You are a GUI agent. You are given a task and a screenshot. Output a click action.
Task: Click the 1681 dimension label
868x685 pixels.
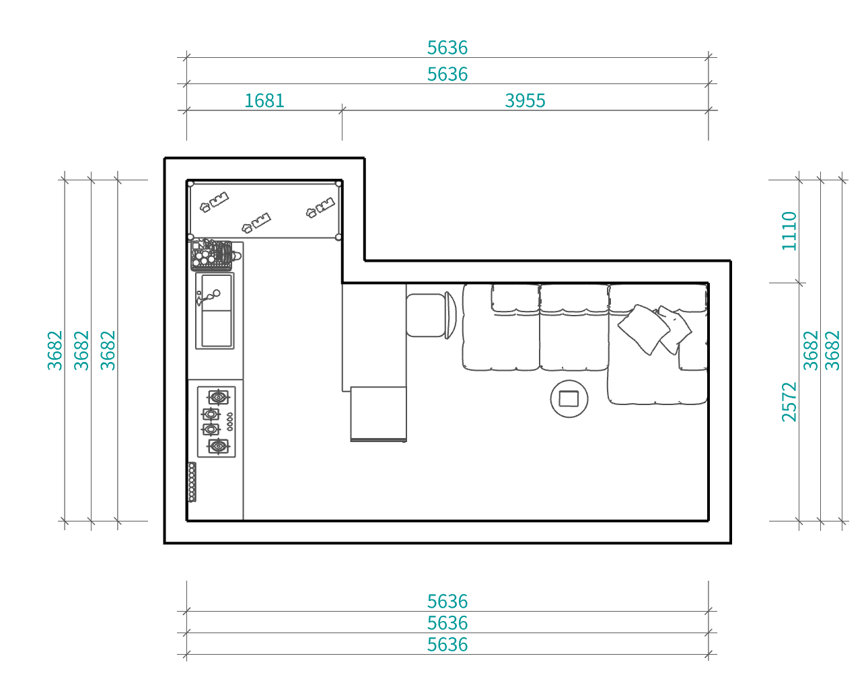click(x=264, y=100)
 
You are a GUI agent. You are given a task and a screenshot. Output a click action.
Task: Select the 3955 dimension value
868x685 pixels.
click(x=525, y=100)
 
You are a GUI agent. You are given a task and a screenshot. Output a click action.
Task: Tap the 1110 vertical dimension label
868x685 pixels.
click(x=789, y=231)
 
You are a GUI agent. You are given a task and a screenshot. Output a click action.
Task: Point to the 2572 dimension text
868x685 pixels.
click(x=789, y=402)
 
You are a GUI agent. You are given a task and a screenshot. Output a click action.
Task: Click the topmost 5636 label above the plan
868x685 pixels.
click(x=447, y=48)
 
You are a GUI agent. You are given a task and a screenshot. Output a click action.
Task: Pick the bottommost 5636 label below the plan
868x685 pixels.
click(x=447, y=645)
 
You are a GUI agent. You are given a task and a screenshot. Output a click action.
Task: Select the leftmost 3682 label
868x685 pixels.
click(x=55, y=351)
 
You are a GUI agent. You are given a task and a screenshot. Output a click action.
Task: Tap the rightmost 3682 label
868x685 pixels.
click(x=832, y=351)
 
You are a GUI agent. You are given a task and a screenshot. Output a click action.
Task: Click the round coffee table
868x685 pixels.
click(x=569, y=399)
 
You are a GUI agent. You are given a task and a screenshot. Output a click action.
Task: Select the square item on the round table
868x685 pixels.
click(x=569, y=399)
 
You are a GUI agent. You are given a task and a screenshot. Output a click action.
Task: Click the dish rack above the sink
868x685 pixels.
click(x=212, y=255)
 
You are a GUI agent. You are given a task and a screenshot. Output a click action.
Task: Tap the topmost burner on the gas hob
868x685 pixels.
click(x=218, y=398)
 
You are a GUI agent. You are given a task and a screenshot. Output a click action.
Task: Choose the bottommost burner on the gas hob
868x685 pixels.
click(x=218, y=446)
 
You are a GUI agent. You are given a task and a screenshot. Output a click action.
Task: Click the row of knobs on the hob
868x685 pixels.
click(x=230, y=422)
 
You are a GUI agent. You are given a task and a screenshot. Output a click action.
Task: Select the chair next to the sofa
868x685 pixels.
click(x=431, y=315)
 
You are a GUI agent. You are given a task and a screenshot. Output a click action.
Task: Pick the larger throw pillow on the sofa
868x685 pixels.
click(x=644, y=329)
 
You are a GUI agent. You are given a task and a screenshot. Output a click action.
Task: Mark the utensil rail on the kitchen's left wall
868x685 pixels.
click(x=192, y=482)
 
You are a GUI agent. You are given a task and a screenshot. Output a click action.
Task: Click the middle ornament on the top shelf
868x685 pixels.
click(x=256, y=223)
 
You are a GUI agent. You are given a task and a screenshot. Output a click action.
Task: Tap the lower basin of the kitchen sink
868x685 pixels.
click(x=217, y=328)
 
